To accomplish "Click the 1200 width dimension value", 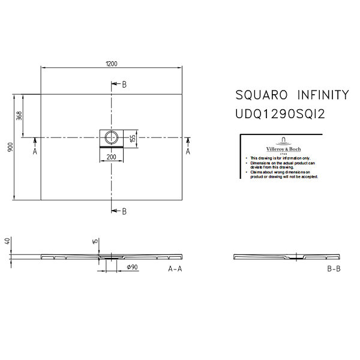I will point(111,63).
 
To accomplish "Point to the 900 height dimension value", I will point(10,147).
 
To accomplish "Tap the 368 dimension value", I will point(20,115).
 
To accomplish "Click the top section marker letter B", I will point(124,85).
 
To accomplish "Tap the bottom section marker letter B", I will point(124,211).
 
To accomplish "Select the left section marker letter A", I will point(35,152).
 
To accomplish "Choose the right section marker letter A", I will point(188,152).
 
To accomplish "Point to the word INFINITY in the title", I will point(323,95).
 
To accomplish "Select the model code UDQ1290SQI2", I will point(280,113).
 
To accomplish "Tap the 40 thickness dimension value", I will point(8,242).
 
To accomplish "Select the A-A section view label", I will point(175,269).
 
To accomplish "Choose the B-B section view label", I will point(334,269).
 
